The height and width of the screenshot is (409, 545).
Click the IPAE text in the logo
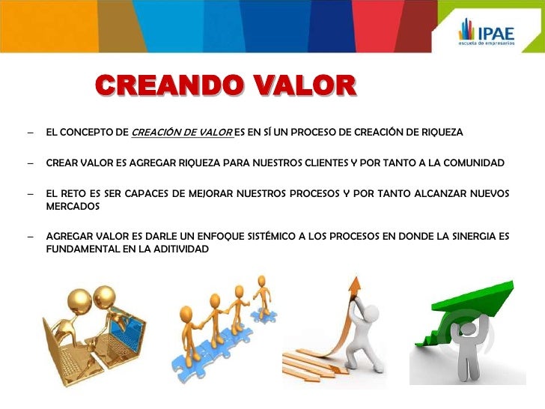pyautogui.click(x=498, y=34)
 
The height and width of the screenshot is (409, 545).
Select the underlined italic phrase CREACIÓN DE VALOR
pyautogui.click(x=181, y=133)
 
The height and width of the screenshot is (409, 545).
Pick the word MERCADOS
pyautogui.click(x=73, y=206)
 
